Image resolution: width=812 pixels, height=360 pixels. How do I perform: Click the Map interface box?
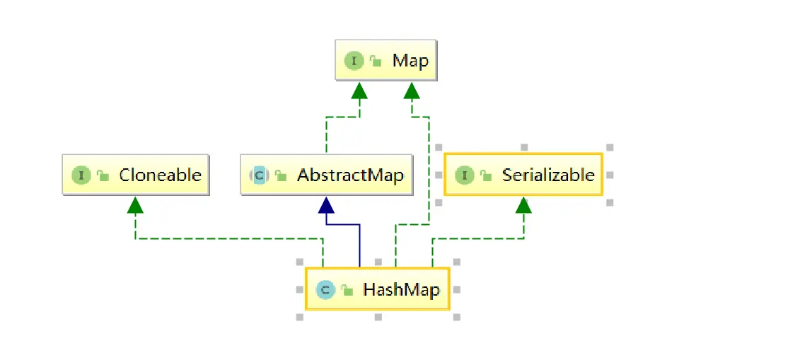[386, 61]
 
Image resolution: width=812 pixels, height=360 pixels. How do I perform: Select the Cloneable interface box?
[135, 175]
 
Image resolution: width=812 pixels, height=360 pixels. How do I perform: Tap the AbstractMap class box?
[325, 175]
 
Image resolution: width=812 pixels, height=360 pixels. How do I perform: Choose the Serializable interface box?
[523, 175]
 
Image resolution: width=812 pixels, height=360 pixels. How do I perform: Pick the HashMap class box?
[377, 289]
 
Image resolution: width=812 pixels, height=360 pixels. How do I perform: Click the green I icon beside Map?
[354, 61]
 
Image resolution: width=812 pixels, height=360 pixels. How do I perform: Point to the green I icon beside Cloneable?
[81, 175]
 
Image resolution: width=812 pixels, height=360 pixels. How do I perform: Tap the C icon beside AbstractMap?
[260, 175]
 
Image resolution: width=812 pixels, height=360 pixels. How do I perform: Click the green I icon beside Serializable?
[465, 175]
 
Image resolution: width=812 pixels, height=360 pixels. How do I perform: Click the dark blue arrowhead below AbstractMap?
[325, 205]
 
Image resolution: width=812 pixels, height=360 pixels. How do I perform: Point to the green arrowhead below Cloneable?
[135, 205]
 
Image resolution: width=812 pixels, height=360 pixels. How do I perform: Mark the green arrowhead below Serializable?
[523, 205]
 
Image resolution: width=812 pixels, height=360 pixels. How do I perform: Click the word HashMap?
[401, 289]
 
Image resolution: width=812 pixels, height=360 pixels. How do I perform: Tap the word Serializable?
[548, 175]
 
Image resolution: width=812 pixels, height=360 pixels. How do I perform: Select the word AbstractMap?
[350, 175]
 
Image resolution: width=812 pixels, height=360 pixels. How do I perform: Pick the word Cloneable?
[160, 175]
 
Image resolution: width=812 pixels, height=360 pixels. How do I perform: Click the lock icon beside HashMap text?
[347, 290]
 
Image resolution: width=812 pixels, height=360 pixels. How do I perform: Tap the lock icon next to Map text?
[376, 62]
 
